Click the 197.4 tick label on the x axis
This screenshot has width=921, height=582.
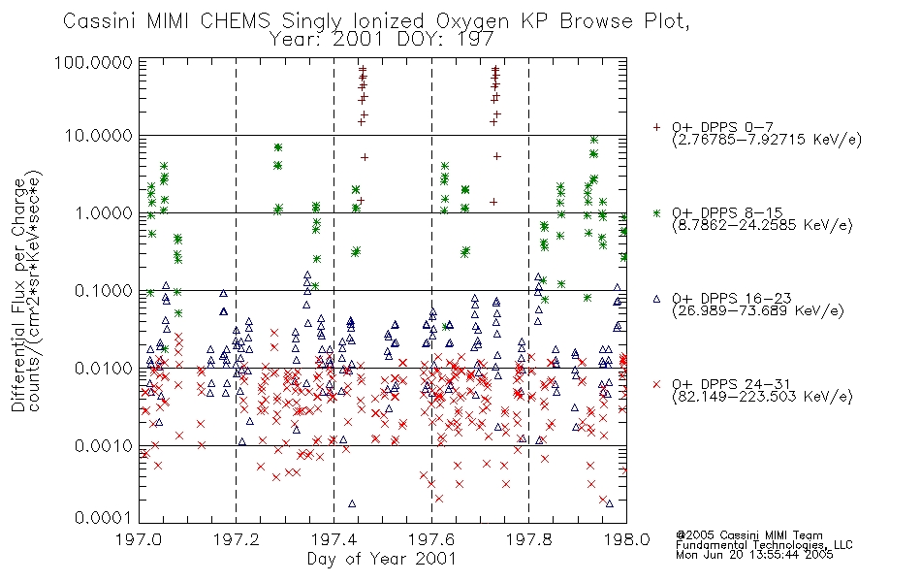point(333,539)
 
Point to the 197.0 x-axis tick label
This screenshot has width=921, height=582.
point(139,539)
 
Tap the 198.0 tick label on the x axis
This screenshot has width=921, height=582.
point(626,539)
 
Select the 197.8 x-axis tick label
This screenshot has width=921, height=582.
point(528,539)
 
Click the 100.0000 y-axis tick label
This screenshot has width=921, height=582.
point(93,62)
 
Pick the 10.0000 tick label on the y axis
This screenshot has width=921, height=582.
point(99,136)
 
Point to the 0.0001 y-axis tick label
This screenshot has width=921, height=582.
point(104,518)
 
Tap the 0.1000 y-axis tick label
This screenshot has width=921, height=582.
point(104,291)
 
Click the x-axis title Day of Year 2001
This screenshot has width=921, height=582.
point(382,559)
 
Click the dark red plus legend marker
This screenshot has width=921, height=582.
point(656,127)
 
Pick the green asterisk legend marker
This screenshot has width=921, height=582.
point(656,212)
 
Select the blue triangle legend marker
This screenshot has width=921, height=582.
point(656,299)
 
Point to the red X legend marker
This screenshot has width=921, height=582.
point(656,384)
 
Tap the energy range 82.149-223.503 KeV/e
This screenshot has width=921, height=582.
point(762,397)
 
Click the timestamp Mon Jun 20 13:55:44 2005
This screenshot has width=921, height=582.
point(754,555)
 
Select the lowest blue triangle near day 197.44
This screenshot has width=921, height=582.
point(352,503)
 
